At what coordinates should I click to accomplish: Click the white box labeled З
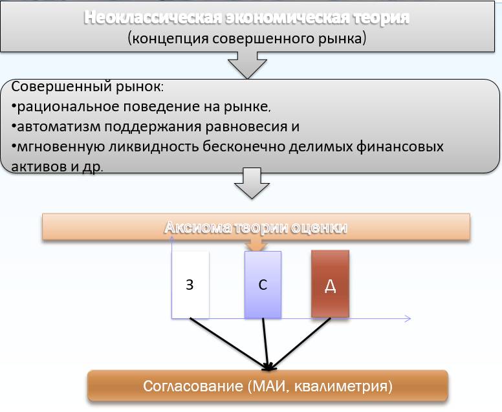(190, 285)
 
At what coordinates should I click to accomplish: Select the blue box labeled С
(263, 285)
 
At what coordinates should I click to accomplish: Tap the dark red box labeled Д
(330, 284)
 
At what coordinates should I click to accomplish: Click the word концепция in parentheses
(170, 39)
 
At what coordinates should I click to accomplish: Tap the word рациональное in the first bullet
(68, 107)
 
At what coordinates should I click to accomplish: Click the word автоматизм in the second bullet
(59, 127)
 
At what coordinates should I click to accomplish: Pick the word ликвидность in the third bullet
(153, 147)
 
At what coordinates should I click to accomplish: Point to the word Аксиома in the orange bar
(197, 228)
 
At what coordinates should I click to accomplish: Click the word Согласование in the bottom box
(193, 386)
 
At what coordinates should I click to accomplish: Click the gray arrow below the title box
(247, 65)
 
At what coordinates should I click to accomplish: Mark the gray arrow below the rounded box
(252, 184)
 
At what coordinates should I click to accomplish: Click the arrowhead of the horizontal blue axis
(408, 318)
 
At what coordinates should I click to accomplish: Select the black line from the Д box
(301, 343)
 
